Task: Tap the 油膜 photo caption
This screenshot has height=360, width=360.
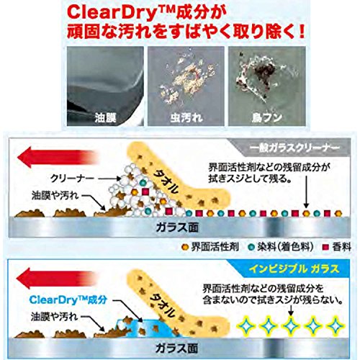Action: click(106, 118)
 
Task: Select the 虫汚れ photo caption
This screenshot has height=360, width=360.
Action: click(186, 118)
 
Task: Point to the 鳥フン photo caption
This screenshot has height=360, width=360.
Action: click(267, 118)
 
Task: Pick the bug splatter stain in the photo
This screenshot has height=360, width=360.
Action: click(186, 79)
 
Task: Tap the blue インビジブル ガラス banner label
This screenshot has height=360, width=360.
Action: click(294, 269)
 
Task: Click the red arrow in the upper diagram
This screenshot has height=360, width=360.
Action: click(58, 158)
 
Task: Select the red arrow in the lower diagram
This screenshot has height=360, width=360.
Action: click(58, 279)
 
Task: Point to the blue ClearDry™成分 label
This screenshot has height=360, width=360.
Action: click(68, 300)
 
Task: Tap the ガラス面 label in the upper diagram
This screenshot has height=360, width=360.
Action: click(177, 228)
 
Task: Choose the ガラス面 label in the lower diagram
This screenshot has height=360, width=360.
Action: click(177, 348)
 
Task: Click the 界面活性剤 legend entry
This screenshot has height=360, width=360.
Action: click(211, 247)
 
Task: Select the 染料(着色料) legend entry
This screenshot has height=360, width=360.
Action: click(282, 247)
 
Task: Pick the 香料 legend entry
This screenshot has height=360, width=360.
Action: click(337, 247)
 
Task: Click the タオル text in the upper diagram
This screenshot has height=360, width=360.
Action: click(166, 182)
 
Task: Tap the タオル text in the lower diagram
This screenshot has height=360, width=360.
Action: click(161, 305)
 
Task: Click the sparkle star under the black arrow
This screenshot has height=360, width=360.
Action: click(291, 326)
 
